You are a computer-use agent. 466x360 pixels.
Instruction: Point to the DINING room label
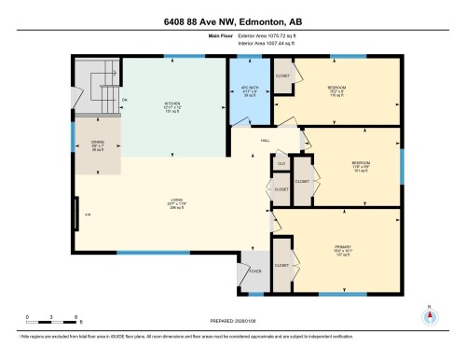[97, 145]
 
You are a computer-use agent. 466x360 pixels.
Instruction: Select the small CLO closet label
[280, 164]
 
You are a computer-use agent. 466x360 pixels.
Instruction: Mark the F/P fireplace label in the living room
[89, 215]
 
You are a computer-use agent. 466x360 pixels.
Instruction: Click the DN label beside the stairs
[124, 101]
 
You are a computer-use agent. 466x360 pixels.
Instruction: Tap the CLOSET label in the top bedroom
[282, 75]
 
